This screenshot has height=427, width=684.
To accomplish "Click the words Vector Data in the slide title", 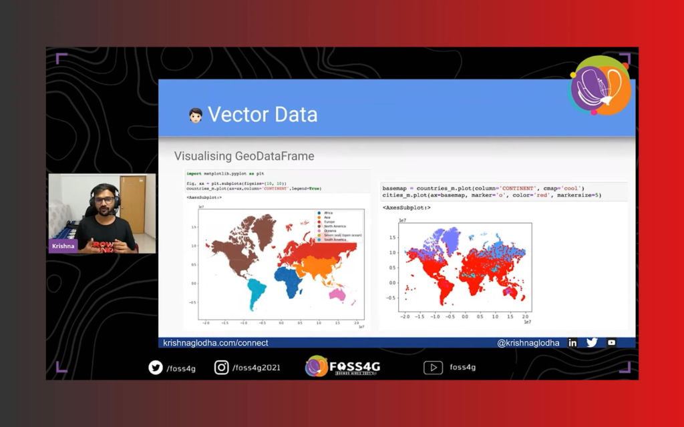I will pos(263,114).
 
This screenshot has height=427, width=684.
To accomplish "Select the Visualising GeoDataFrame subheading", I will pos(244,156).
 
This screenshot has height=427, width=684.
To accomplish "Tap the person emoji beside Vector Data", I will pos(195,115).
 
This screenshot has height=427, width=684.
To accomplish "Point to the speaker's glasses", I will pos(104,199).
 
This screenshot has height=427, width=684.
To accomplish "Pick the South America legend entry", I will pos(334,239).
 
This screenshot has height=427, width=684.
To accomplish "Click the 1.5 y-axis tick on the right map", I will pos(392,238).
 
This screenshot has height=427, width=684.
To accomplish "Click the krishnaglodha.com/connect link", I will pos(216,343).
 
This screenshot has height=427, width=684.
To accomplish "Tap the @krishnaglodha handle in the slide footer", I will pos(528,343).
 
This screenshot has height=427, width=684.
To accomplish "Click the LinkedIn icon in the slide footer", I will pos(572,343).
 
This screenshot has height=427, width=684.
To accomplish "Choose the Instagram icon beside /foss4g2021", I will pos(222,367).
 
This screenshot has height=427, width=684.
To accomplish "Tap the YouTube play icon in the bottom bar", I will pos(433,367).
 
